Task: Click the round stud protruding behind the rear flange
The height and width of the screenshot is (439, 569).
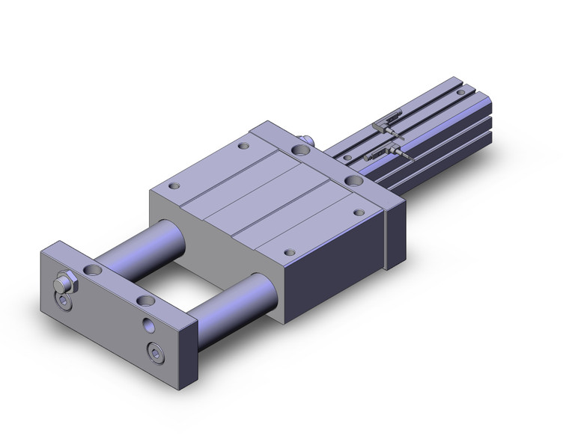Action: click(306, 138)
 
